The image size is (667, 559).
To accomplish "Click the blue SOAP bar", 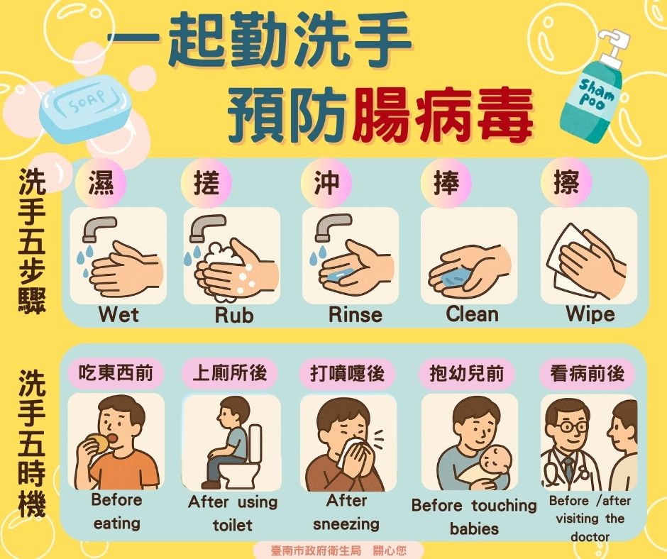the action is tap(85, 109).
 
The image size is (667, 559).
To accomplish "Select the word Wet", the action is tap(118, 315).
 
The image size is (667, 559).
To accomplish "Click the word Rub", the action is tap(234, 315).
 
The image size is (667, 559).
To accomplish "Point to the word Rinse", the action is tap(355, 315).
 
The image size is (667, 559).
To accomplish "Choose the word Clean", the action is tap(472, 314).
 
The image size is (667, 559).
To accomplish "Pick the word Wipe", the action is tap(590, 314).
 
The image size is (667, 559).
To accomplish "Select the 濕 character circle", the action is tap(101, 183).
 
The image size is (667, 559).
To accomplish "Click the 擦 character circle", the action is tap(566, 182).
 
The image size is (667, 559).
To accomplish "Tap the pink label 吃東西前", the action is tap(116, 374).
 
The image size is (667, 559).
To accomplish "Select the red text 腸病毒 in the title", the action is tap(442, 115).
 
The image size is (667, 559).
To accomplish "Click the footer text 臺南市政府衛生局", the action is tap(316, 550).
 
